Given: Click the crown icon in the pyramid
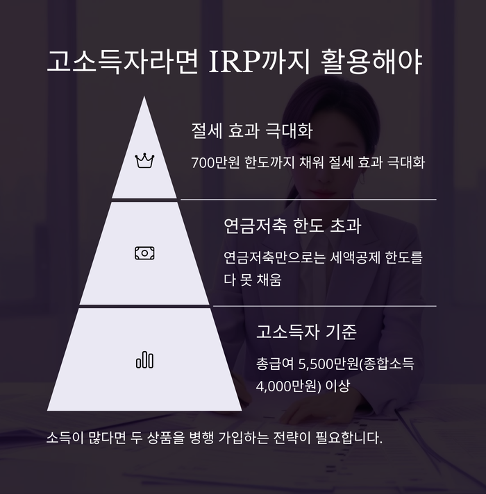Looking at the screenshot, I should click(x=144, y=161).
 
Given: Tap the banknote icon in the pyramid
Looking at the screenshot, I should click(x=144, y=253).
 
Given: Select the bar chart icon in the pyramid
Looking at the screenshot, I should click(x=144, y=360).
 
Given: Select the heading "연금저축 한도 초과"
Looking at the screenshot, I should click(x=292, y=226).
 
